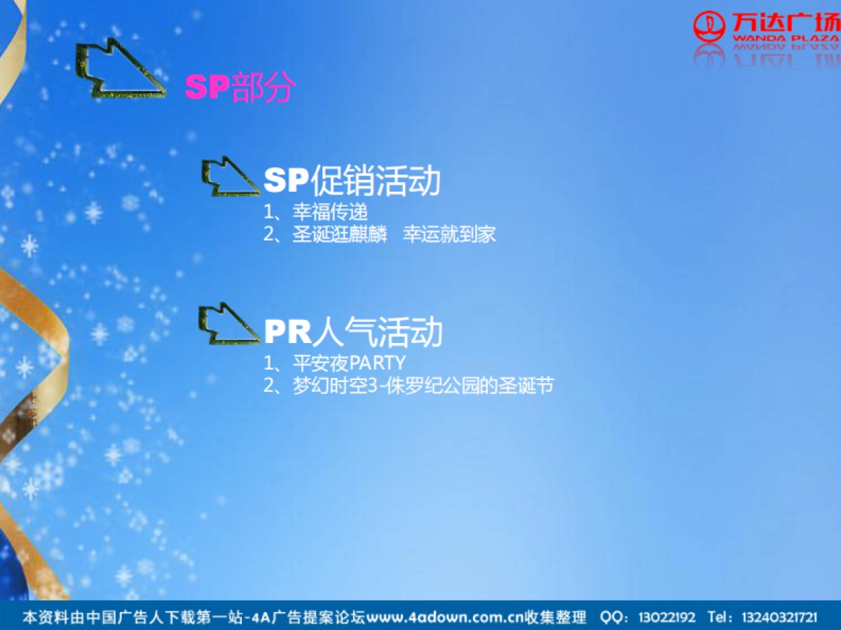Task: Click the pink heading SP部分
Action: tap(240, 87)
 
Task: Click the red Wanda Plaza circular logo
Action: tap(709, 27)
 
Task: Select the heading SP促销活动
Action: tap(352, 181)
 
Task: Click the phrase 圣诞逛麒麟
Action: tap(340, 234)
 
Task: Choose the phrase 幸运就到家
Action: tap(449, 234)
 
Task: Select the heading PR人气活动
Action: tap(353, 331)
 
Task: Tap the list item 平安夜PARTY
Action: tap(349, 363)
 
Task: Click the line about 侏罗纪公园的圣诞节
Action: tap(423, 385)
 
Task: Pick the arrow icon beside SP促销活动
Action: tap(229, 177)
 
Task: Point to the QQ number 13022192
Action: tap(666, 617)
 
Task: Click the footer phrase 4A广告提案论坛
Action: tap(310, 617)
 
